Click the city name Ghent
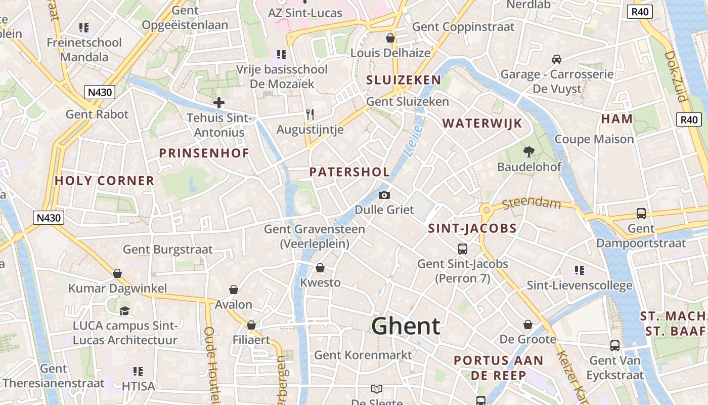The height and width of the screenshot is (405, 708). click(x=406, y=326)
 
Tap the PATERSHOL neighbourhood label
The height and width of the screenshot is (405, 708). click(x=349, y=172)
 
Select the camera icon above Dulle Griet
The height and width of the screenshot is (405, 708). click(x=384, y=195)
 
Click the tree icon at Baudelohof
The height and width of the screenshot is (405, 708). click(x=529, y=151)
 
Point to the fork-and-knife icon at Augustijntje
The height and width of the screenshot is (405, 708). click(x=310, y=115)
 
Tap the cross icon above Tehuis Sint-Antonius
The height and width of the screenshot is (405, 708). click(x=219, y=103)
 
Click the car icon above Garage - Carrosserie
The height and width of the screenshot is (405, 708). click(x=557, y=59)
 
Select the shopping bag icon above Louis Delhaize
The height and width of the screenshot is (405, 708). click(x=390, y=38)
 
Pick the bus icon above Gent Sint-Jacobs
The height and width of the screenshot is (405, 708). click(x=463, y=249)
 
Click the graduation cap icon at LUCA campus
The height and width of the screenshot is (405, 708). click(x=124, y=311)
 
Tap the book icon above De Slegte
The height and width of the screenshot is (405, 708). click(x=377, y=389)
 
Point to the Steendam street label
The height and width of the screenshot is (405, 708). click(x=533, y=204)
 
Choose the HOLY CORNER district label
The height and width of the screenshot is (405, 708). click(x=104, y=181)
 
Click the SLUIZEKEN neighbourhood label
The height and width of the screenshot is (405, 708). click(x=404, y=80)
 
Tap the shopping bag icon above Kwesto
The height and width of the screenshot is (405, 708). click(x=320, y=268)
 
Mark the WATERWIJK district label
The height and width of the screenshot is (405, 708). click(x=482, y=123)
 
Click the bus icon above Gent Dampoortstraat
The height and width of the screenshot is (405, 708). click(x=641, y=214)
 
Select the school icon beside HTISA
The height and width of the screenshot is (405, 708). click(x=138, y=372)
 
